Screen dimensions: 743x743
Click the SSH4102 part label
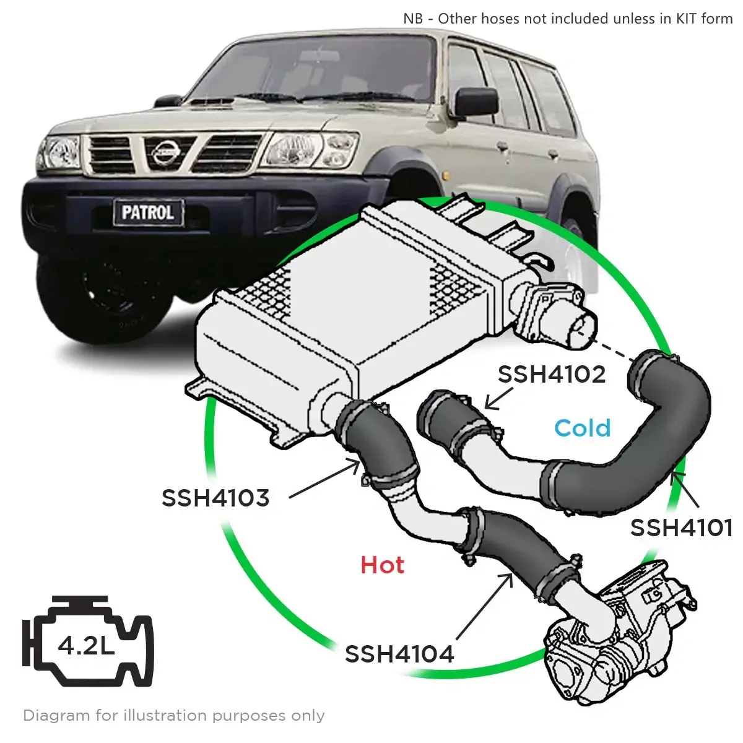click(552, 374)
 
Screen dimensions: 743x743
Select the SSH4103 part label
click(215, 498)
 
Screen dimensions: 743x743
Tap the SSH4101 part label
click(682, 528)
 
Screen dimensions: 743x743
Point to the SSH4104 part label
click(399, 654)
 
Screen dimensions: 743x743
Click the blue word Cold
click(582, 428)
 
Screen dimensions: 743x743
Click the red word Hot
click(383, 565)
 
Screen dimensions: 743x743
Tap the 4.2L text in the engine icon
click(86, 646)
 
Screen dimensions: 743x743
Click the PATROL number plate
click(147, 212)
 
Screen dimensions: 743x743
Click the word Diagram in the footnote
click(56, 716)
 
